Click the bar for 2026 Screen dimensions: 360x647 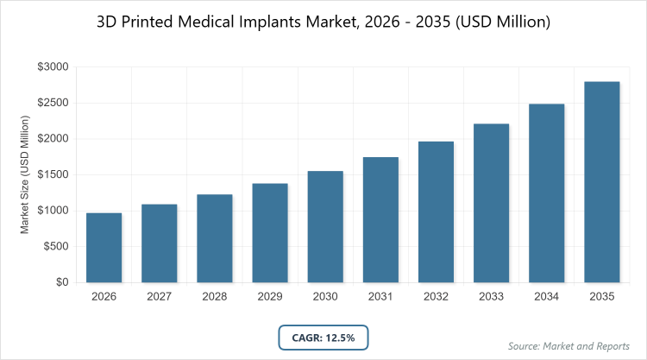(x=104, y=248)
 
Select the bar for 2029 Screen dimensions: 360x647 (x=269, y=233)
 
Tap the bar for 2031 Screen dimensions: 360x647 (x=380, y=220)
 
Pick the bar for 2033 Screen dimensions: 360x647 (x=491, y=203)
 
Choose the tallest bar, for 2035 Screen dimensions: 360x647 (x=602, y=182)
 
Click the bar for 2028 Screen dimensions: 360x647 (x=214, y=238)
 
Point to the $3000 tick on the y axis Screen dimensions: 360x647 (x=53, y=67)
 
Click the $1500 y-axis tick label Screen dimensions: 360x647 (x=53, y=175)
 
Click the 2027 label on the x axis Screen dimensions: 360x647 (x=159, y=297)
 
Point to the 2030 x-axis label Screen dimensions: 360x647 (x=325, y=297)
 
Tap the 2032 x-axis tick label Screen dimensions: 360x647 (x=436, y=297)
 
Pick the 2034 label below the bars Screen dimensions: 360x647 (x=547, y=297)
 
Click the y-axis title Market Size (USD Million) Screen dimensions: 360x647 (x=25, y=175)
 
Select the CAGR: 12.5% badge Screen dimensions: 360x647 (x=323, y=336)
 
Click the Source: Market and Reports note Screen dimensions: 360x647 (x=569, y=346)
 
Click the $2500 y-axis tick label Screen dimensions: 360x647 (x=53, y=104)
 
